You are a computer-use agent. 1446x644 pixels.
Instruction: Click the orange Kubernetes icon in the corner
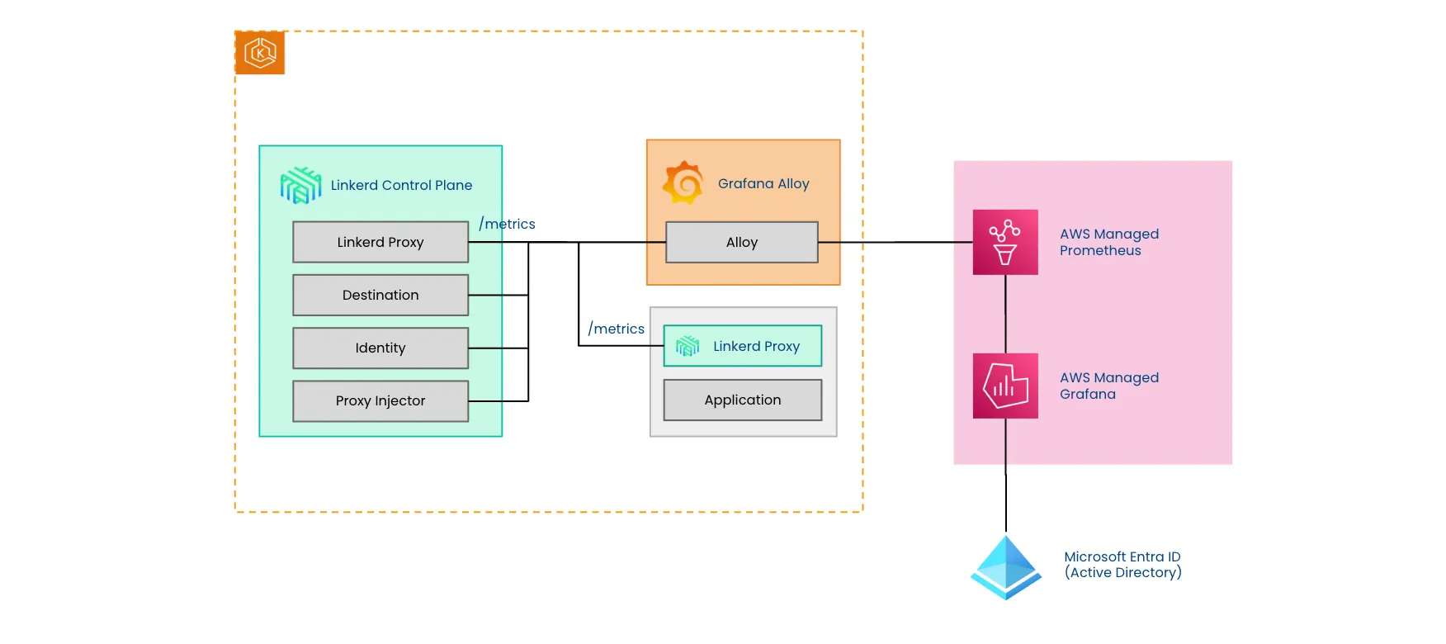[260, 53]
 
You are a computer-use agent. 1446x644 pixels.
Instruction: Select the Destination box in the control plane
[380, 295]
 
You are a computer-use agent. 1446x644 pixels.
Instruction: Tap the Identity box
[380, 348]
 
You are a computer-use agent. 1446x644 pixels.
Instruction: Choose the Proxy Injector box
[380, 400]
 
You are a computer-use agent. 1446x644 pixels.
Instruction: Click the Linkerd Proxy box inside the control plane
[380, 242]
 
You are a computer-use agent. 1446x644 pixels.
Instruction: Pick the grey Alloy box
[742, 242]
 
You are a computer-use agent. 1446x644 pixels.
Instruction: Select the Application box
[743, 400]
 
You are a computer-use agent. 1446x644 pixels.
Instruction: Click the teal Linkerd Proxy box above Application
[743, 346]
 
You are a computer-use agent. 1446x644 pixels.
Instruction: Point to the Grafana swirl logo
[683, 182]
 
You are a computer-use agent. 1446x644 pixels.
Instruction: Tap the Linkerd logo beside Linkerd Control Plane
[300, 185]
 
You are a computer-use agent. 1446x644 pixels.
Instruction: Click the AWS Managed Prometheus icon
[1005, 242]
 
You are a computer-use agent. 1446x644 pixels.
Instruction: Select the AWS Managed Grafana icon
[1005, 386]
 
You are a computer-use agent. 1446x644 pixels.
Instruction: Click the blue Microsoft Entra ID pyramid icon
[1005, 567]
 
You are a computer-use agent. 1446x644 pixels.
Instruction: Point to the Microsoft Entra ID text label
[1122, 565]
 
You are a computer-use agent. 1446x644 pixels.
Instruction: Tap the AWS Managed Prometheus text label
[1109, 242]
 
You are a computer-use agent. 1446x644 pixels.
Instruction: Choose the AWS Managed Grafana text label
[1109, 386]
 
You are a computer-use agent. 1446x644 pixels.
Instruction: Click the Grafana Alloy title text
[763, 183]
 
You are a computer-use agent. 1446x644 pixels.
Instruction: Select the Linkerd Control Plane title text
[401, 185]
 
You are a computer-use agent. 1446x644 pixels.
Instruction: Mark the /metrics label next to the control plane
[508, 224]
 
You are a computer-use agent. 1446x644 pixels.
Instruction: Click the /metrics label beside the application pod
[617, 329]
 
